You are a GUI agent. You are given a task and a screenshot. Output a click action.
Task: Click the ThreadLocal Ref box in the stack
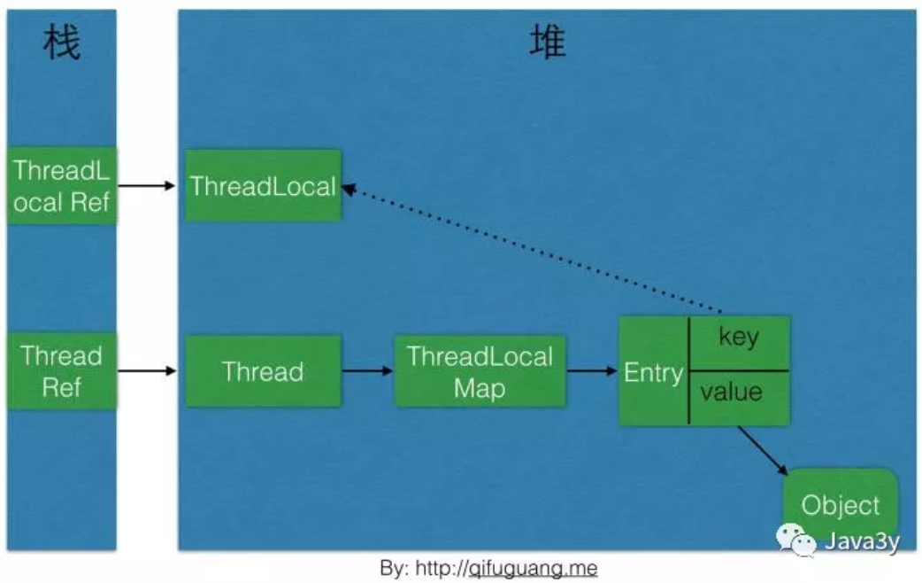(61, 186)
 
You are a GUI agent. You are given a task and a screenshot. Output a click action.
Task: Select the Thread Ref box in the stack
(61, 371)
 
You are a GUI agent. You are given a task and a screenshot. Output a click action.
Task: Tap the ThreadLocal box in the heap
(263, 186)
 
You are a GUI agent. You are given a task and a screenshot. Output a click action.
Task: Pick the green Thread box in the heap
(263, 371)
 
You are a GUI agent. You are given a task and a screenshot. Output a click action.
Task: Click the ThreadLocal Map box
(479, 371)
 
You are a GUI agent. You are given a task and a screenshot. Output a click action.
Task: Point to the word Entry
(653, 373)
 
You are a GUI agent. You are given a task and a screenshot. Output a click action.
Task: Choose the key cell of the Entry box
(739, 338)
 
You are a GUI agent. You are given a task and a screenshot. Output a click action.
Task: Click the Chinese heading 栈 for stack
(61, 43)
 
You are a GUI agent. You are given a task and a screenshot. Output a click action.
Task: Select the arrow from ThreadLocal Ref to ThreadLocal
(147, 186)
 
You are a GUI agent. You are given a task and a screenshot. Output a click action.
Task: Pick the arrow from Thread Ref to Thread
(147, 370)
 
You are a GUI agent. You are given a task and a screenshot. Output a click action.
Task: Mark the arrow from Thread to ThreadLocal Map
(367, 370)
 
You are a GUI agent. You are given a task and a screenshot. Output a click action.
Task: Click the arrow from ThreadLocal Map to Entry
(592, 370)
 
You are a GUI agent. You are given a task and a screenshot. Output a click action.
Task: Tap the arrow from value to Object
(763, 451)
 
